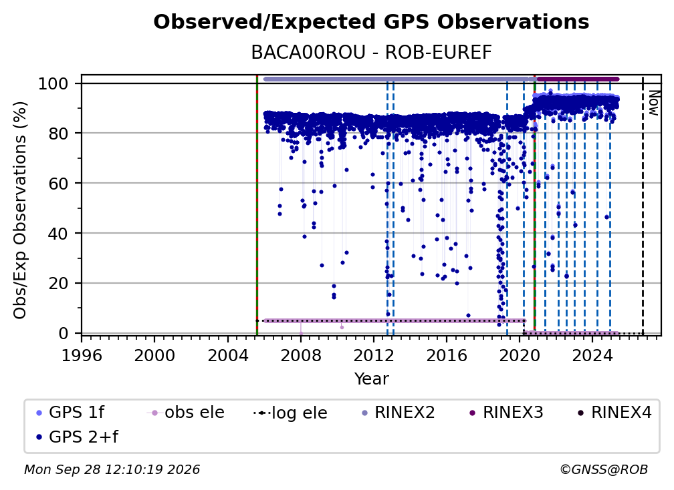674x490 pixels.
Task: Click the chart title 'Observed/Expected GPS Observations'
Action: pos(371,22)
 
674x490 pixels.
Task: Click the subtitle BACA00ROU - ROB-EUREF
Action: pos(371,52)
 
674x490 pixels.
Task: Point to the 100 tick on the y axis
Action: pos(59,83)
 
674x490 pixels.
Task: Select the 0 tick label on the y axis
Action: pos(64,333)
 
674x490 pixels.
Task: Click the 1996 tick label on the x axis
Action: pos(82,355)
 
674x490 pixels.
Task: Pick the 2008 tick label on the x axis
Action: pos(300,355)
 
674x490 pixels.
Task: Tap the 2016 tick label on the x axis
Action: pos(446,355)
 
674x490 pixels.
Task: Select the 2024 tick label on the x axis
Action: pos(592,355)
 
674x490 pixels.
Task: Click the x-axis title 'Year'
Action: pos(371,379)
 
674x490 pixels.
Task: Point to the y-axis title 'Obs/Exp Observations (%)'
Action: pos(20,210)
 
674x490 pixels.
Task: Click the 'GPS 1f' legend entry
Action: pos(70,413)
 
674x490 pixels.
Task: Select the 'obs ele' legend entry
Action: pos(186,413)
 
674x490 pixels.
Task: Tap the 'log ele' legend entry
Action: pos(291,413)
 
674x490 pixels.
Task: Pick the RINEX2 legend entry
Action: pos(399,413)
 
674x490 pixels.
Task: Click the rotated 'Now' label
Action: pos(653,103)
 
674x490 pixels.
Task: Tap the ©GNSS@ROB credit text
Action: pos(604,469)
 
